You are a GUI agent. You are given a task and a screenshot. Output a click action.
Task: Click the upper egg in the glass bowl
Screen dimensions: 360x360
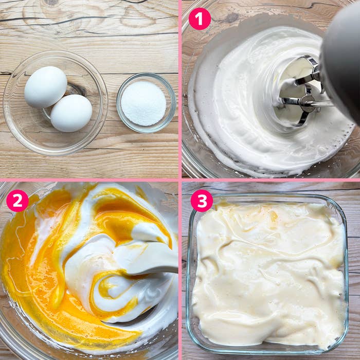click(x=46, y=87)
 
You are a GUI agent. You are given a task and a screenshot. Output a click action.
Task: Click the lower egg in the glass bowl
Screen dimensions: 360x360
click(x=71, y=113)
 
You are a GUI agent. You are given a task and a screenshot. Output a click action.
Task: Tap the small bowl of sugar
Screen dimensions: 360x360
click(x=146, y=103)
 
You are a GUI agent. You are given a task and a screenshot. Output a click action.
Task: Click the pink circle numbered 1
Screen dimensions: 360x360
click(x=200, y=19)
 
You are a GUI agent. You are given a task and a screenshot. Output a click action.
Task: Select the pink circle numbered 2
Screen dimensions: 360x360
click(x=17, y=201)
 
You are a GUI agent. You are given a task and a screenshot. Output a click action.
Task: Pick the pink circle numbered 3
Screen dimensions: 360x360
click(x=202, y=201)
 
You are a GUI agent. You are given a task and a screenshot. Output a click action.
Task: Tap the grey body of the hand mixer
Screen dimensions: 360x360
click(x=341, y=62)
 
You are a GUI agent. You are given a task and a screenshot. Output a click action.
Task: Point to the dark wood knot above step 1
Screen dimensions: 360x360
click(x=232, y=17)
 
